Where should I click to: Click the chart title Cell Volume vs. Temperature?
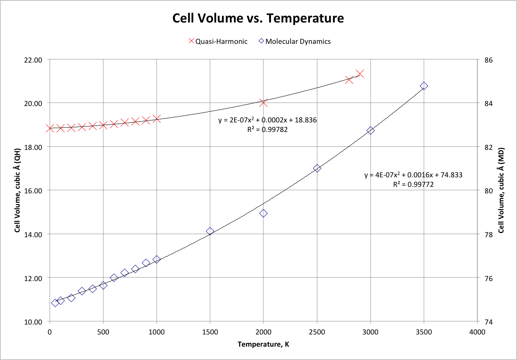pyautogui.click(x=258, y=18)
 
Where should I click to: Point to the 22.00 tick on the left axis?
pyautogui.click(x=32, y=60)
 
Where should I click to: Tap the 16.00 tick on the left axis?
pyautogui.click(x=32, y=191)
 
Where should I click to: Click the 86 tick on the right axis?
pyautogui.click(x=488, y=60)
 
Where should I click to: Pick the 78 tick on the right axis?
pyautogui.click(x=488, y=235)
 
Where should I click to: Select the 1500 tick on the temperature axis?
pyautogui.click(x=210, y=332)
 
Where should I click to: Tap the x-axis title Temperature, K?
pyautogui.click(x=263, y=344)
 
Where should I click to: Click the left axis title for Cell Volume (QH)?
pyautogui.click(x=17, y=190)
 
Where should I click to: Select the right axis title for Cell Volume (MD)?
pyautogui.click(x=501, y=190)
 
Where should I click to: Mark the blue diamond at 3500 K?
pyautogui.click(x=424, y=86)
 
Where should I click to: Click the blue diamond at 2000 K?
pyautogui.click(x=263, y=214)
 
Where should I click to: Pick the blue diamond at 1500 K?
pyautogui.click(x=210, y=231)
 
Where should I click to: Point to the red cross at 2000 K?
pyautogui.click(x=263, y=103)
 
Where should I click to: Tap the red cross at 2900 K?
pyautogui.click(x=360, y=74)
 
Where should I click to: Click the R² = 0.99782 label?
pyautogui.click(x=267, y=130)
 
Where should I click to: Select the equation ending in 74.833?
pyautogui.click(x=413, y=175)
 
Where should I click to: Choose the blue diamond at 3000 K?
pyautogui.click(x=370, y=130)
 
